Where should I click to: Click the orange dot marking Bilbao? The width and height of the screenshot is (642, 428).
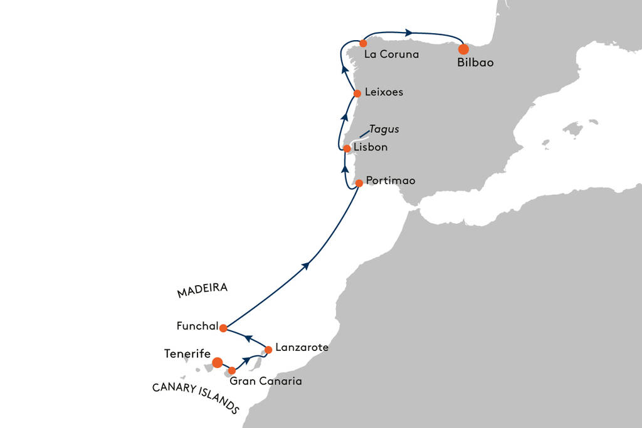coord(463,49)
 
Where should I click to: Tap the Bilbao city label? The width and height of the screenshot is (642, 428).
coord(475,63)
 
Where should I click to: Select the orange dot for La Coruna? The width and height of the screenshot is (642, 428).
coord(363,43)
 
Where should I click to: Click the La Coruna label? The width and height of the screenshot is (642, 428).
coord(391,54)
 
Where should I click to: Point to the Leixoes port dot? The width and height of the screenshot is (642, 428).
coord(357,94)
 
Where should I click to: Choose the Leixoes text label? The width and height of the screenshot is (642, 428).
coord(384,92)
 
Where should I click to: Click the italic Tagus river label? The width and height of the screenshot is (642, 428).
coord(384,129)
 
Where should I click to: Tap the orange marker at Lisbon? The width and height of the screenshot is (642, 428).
coord(347,149)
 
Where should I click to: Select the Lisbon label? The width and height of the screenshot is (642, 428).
coord(371,147)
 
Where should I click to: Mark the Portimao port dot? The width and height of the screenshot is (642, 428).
coord(359,184)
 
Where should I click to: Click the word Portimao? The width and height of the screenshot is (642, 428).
coord(391,180)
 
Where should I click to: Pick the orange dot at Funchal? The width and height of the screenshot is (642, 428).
coord(223,328)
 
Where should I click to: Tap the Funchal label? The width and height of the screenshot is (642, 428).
coord(197,326)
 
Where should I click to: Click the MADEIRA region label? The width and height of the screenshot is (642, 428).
coord(203,290)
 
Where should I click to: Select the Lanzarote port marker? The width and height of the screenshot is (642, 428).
coord(268,350)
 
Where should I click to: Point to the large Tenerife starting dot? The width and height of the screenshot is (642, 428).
coord(218,363)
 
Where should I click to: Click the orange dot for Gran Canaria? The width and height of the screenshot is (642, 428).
coord(232,371)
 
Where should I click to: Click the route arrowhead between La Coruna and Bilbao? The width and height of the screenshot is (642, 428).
coord(409,33)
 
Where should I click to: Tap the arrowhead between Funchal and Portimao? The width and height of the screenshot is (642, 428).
coord(305,266)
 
